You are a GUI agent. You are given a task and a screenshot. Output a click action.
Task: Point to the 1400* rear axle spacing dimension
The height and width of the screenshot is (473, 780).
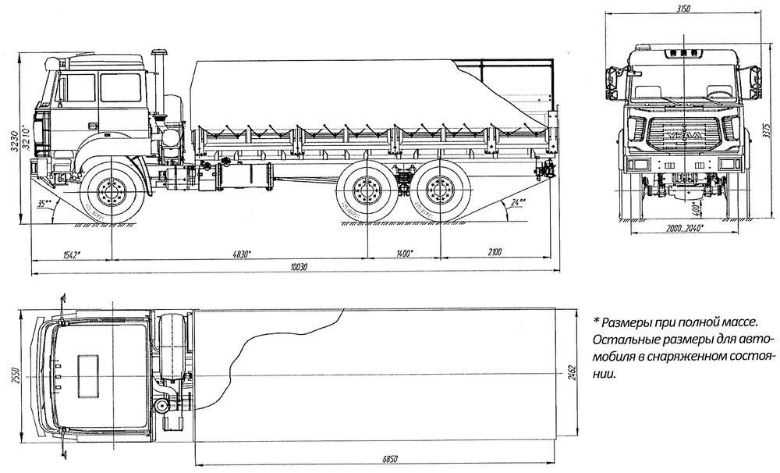[x=403, y=253]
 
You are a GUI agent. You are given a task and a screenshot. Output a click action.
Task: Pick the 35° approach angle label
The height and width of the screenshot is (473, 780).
[x=43, y=203]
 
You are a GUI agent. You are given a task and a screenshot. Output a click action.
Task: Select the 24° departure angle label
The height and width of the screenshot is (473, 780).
[x=515, y=201]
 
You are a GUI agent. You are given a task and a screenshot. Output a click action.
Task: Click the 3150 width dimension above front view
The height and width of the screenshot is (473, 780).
[x=683, y=8]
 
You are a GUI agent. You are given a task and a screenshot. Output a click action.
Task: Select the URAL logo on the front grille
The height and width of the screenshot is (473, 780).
[x=682, y=138]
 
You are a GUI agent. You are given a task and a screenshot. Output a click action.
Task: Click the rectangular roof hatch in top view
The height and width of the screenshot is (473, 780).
[x=88, y=368]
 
